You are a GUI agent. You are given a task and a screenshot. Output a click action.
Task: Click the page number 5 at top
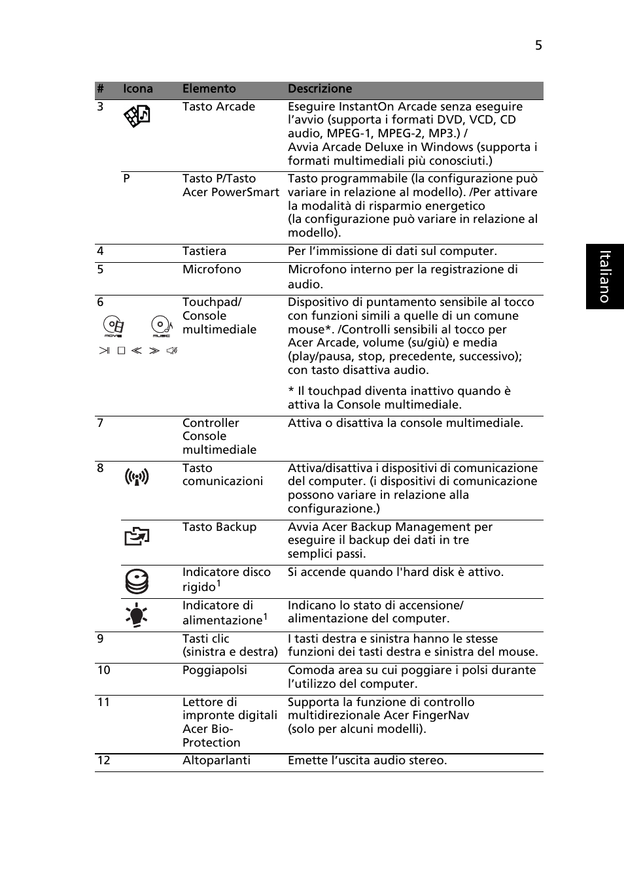[x=538, y=45]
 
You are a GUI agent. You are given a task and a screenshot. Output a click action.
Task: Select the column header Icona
[x=138, y=89]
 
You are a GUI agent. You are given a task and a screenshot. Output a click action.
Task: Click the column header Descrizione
[x=320, y=89]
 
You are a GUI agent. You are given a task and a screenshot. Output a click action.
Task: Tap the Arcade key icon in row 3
[x=137, y=116]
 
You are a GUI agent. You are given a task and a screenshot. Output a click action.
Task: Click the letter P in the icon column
[x=126, y=178]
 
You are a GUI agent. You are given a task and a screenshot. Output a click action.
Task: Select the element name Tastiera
[x=204, y=251]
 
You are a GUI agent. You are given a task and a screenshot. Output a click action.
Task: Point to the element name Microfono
[x=211, y=269]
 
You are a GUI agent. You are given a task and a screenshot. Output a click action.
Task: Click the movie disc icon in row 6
[x=114, y=326]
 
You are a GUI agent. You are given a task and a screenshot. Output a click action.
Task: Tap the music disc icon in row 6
[x=161, y=326]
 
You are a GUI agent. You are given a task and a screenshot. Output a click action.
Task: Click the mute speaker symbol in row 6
[x=172, y=351]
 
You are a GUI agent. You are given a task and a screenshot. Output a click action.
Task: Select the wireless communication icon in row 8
[x=137, y=477]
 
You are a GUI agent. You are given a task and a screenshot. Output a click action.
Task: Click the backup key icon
[x=137, y=537]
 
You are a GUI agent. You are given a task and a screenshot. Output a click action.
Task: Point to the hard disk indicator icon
[x=137, y=581]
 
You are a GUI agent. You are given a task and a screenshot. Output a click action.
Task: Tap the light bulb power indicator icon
[x=137, y=615]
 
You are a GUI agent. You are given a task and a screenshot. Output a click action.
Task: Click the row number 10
[x=103, y=670]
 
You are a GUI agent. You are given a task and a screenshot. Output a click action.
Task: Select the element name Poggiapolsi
[x=215, y=670]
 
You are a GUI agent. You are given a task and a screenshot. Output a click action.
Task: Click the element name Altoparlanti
[x=216, y=760]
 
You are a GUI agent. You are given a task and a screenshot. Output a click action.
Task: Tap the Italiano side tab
[x=605, y=277]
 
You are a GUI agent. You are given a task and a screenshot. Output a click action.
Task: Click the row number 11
[x=103, y=702]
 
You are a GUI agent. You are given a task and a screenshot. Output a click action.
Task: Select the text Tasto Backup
[x=219, y=527]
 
